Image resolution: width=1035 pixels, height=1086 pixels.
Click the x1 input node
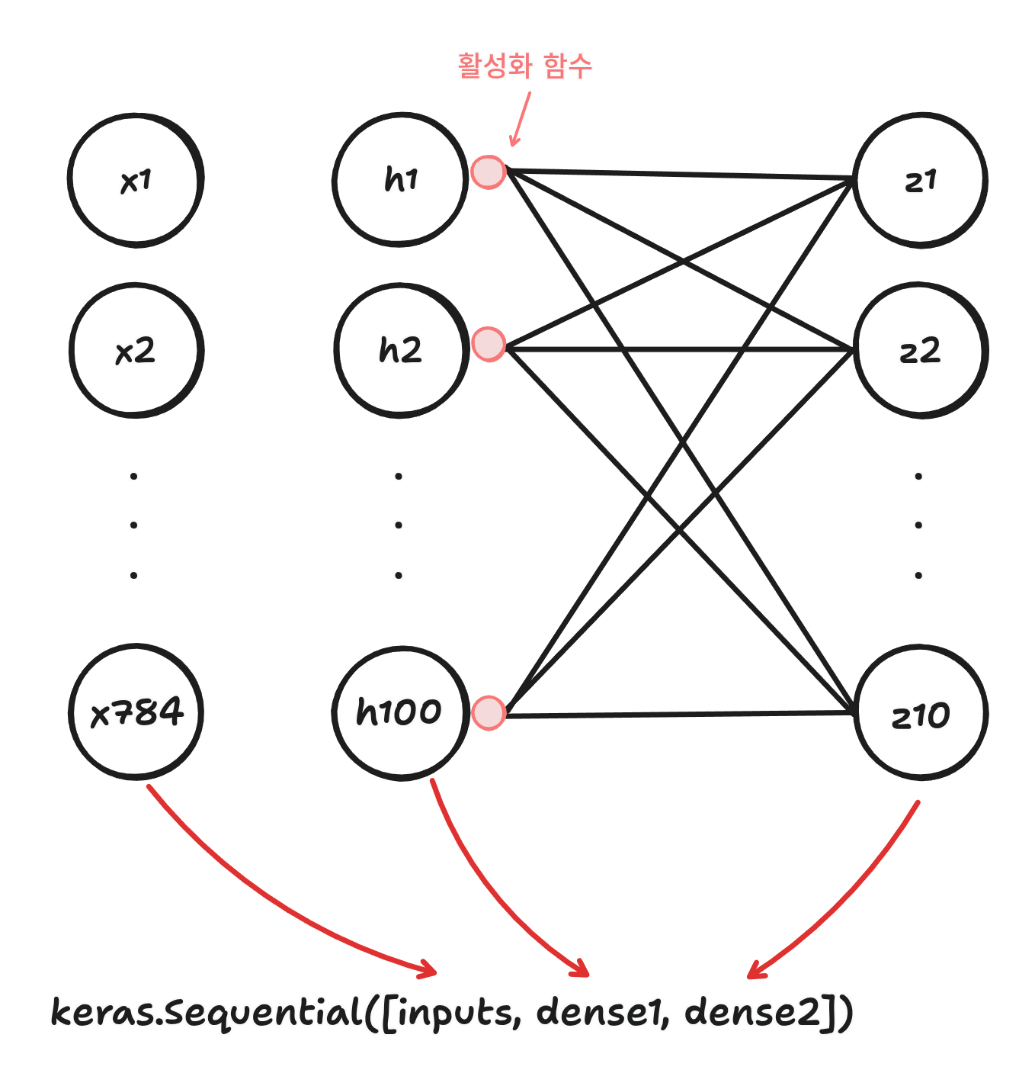point(136,180)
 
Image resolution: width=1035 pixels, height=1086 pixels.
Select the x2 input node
point(136,351)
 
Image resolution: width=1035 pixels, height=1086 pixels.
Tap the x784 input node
point(136,712)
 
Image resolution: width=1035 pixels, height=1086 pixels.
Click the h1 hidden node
point(400,180)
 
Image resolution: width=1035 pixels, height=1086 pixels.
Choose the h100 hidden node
point(400,712)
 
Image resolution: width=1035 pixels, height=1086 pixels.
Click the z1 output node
point(920,180)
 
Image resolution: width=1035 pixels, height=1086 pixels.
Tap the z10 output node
point(920,714)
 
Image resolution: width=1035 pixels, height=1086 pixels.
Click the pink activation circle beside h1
point(488,172)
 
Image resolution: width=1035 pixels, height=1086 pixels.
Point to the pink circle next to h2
point(488,344)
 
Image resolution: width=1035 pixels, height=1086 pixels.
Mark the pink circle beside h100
point(488,713)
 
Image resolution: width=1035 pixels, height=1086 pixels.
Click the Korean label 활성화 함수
point(524,66)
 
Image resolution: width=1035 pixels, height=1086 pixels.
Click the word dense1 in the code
point(600,1013)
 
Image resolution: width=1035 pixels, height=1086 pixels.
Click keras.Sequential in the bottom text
point(206,1013)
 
